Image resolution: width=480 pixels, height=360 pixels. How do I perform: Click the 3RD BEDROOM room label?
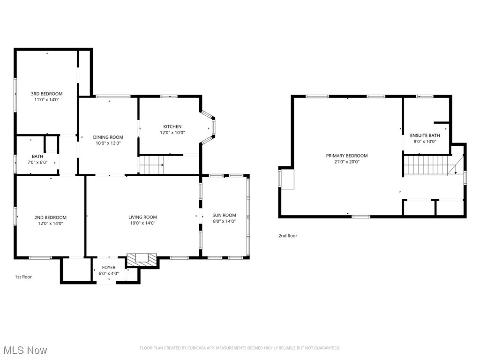pyautogui.click(x=47, y=94)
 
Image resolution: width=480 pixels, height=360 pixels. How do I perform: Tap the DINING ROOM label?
pyautogui.click(x=108, y=137)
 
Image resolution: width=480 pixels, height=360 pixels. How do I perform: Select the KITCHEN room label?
pyautogui.click(x=172, y=127)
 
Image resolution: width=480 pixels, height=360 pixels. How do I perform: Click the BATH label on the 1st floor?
pyautogui.click(x=37, y=157)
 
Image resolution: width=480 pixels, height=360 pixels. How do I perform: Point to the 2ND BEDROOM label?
pyautogui.click(x=50, y=217)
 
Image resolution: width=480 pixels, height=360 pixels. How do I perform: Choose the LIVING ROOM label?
pyautogui.click(x=142, y=217)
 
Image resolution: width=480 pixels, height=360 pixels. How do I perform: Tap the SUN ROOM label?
pyautogui.click(x=224, y=215)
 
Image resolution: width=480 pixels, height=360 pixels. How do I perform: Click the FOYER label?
pyautogui.click(x=109, y=268)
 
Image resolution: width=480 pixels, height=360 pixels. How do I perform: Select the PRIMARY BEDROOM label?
pyautogui.click(x=347, y=156)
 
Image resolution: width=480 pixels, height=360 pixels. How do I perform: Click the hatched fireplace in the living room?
pyautogui.click(x=142, y=259)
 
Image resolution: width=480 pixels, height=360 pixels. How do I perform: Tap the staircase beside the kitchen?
pyautogui.click(x=151, y=165)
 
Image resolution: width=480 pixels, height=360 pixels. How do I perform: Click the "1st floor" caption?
pyautogui.click(x=23, y=277)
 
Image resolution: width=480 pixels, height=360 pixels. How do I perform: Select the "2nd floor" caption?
pyautogui.click(x=288, y=236)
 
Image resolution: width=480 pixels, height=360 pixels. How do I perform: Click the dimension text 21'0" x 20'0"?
pyautogui.click(x=347, y=162)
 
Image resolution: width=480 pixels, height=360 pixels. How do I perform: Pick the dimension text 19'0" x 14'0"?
pyautogui.click(x=142, y=223)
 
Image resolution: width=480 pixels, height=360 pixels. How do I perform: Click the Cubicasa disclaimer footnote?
pyautogui.click(x=240, y=348)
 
